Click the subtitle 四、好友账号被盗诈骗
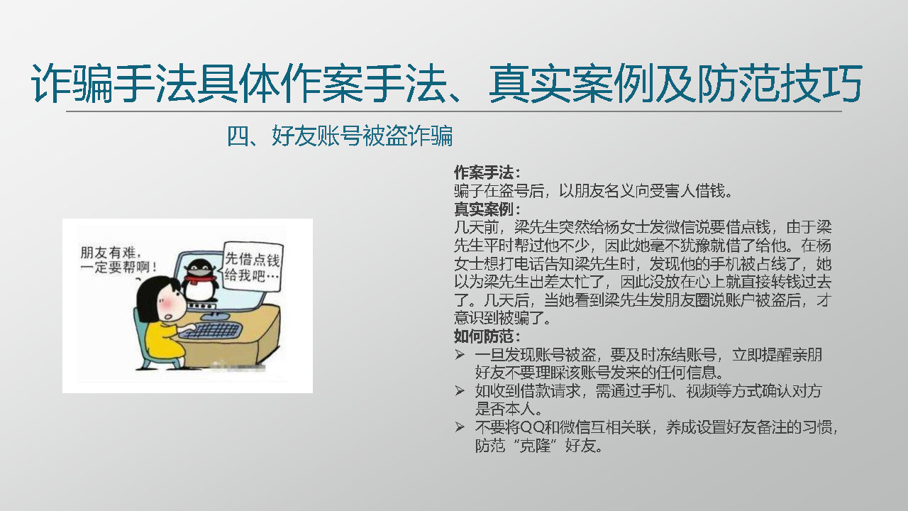click(x=340, y=136)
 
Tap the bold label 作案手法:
click(x=487, y=172)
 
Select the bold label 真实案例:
click(x=487, y=209)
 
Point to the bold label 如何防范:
click(x=487, y=336)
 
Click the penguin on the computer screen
click(x=200, y=282)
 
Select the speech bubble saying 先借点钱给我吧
click(x=253, y=266)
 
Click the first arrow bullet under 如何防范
click(x=459, y=355)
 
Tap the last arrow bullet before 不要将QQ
click(x=459, y=427)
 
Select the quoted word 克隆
click(x=535, y=445)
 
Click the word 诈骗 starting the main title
click(x=72, y=83)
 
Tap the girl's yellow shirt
click(x=163, y=341)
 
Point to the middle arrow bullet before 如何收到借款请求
click(x=459, y=391)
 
